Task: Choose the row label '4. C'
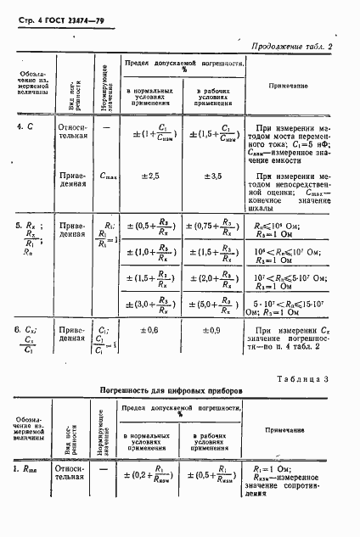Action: point(25,126)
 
